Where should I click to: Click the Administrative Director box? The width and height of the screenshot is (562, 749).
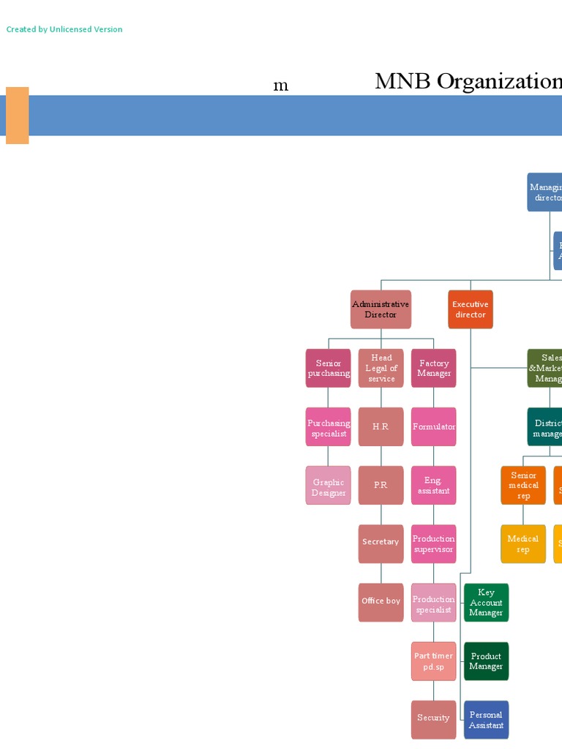point(381,309)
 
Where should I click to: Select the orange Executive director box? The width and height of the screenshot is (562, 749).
point(471,309)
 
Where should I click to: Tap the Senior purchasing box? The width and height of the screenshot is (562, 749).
point(329,368)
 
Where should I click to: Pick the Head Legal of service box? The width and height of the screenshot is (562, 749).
point(381,368)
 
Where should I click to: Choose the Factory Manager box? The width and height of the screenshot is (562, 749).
point(434,368)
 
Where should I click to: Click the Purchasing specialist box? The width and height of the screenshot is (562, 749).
point(329,427)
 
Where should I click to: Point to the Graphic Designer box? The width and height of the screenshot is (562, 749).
point(329,486)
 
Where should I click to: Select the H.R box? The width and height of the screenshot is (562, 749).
point(381,427)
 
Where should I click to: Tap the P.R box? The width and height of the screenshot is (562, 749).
point(381,486)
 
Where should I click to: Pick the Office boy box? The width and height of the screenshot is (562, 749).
point(381,602)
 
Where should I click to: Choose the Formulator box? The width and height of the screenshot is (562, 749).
point(434,427)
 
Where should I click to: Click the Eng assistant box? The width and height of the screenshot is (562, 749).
point(434,486)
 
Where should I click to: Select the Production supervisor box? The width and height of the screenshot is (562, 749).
point(434,543)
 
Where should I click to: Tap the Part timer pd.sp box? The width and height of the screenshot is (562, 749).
point(434,661)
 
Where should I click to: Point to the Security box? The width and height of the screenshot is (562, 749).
point(434,719)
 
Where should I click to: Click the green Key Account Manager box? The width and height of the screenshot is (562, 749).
point(486,602)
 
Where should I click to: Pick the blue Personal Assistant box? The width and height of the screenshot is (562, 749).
point(486,719)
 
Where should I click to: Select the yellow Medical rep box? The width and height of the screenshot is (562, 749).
point(523,543)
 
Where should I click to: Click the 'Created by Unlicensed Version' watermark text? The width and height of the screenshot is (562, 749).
point(64,29)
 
